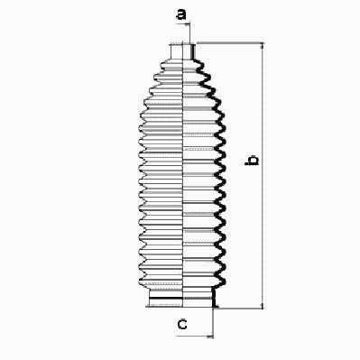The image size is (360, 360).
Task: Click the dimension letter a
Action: point(181,14)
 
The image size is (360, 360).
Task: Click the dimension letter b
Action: point(252,161)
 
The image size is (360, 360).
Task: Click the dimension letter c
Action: point(182,325)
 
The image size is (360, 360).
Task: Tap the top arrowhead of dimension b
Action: point(263,45)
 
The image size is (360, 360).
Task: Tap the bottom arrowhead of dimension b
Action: point(263,305)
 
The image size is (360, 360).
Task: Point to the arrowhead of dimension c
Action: point(210,336)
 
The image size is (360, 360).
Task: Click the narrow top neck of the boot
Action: point(183,51)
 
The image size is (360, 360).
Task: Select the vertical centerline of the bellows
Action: point(183,176)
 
